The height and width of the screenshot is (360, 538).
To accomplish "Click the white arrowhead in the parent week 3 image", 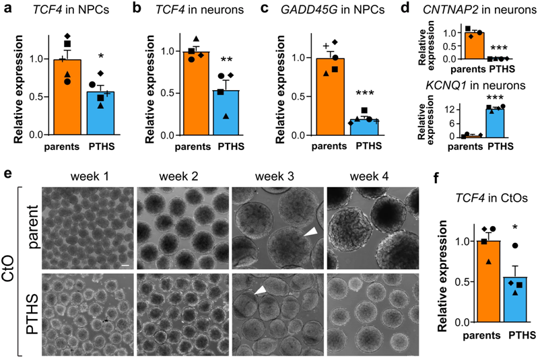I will (x=308, y=232).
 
